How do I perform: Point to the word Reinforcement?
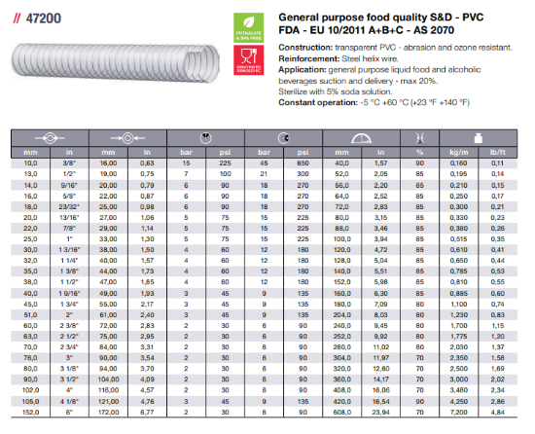coord(311,59)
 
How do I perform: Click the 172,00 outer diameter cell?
coord(110,413)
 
